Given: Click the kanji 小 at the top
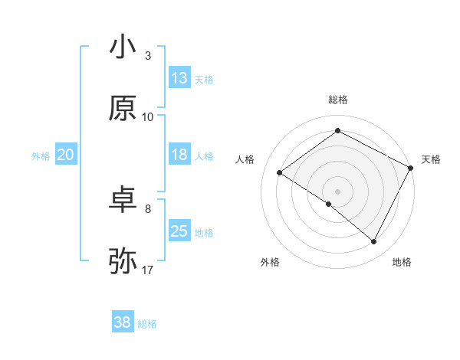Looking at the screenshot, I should [123, 47].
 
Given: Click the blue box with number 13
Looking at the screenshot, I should [179, 78].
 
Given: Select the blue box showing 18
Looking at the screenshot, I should [179, 155].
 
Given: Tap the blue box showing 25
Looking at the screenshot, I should [179, 231].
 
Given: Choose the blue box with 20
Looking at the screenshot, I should [66, 155].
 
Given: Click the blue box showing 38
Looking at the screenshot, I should [123, 322].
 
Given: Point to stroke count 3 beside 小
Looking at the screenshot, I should [148, 56].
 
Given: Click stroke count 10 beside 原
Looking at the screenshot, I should [148, 116].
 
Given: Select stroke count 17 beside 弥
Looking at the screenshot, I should [148, 270].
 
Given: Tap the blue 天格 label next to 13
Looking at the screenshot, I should [204, 79].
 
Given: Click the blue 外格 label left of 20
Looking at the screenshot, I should [41, 155].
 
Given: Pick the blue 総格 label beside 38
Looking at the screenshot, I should [147, 323].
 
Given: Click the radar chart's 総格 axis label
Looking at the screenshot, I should [338, 100].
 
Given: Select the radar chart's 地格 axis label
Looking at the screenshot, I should [402, 262].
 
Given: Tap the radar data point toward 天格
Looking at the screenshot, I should [411, 168].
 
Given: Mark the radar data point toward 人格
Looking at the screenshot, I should [280, 173].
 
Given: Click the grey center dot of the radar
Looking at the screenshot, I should [337, 191].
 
